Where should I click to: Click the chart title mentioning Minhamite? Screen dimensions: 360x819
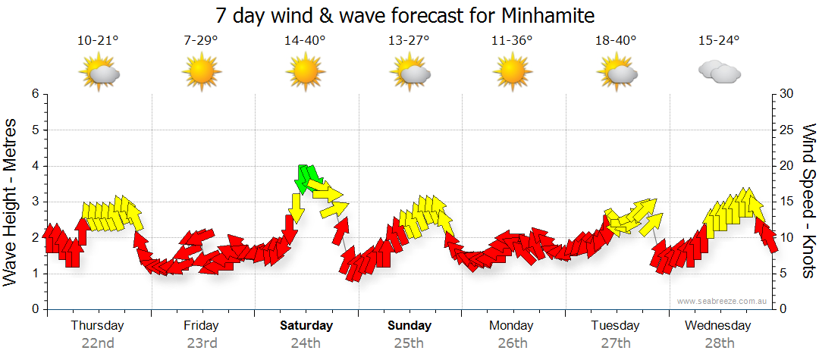(405, 15)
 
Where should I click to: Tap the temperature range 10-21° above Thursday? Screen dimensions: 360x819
(98, 41)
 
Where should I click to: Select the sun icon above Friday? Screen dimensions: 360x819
(201, 74)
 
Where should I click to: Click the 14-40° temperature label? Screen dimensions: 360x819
(305, 41)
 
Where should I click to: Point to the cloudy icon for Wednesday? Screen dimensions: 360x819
(719, 73)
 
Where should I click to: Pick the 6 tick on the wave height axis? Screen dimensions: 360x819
(34, 94)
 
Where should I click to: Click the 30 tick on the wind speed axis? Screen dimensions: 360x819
(786, 94)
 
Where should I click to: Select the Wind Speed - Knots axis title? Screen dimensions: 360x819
(808, 202)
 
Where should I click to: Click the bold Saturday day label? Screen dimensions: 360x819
(306, 326)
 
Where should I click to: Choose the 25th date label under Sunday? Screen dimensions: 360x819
(409, 343)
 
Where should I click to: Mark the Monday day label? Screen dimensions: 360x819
(511, 326)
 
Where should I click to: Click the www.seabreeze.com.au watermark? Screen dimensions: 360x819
(723, 301)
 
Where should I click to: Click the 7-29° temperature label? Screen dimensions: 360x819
(201, 41)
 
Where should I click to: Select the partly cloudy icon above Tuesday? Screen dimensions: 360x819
(616, 74)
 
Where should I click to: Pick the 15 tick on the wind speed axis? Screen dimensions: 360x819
(786, 202)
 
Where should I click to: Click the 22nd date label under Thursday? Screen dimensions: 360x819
(98, 343)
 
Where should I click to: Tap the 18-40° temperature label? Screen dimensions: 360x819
(615, 41)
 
